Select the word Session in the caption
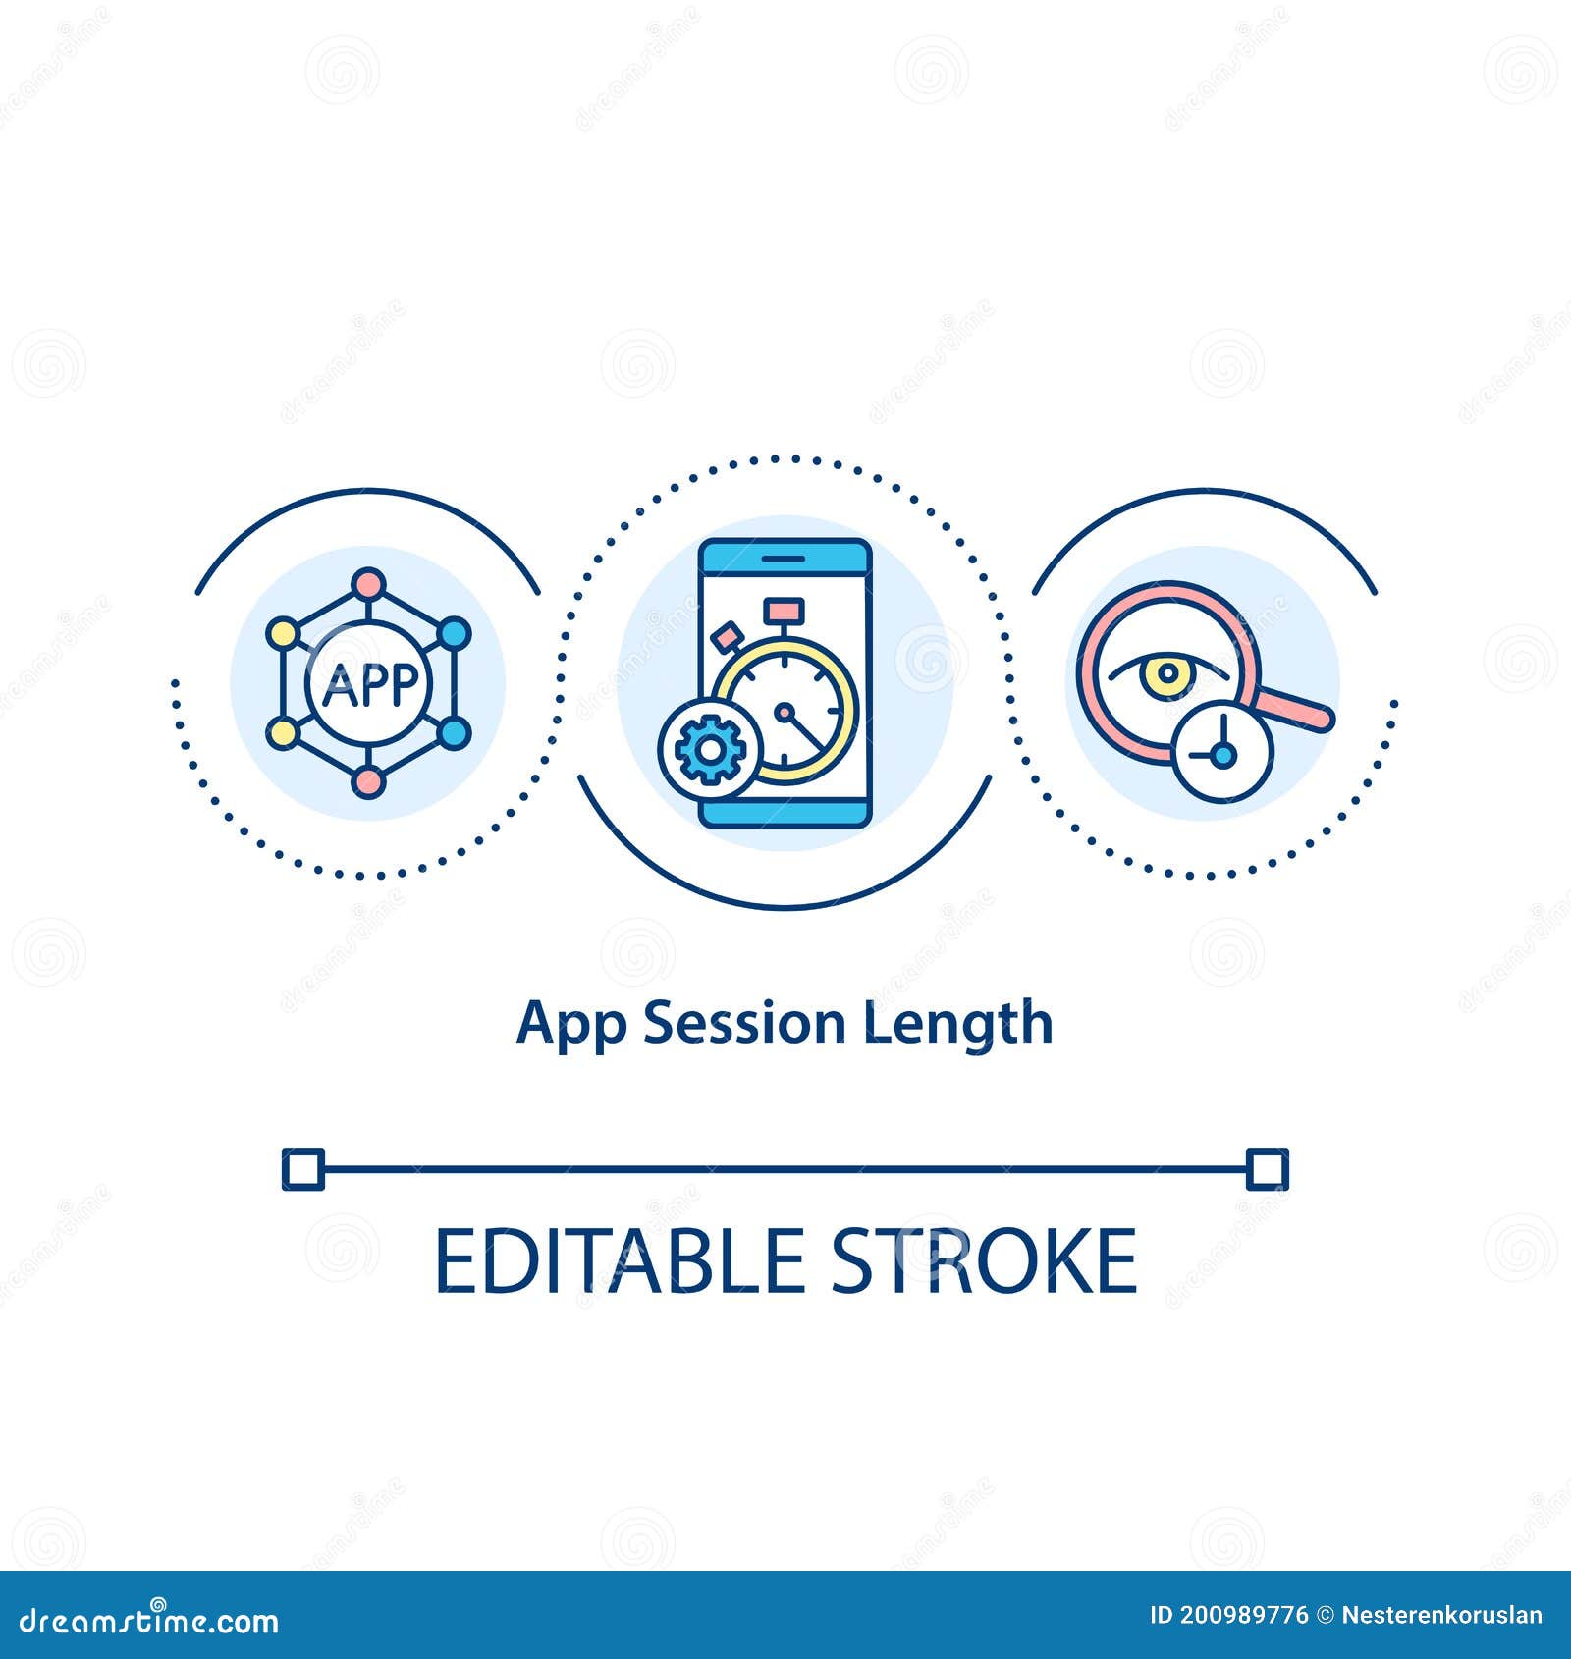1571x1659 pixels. tap(744, 1023)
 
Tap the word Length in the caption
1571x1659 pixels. tap(958, 1027)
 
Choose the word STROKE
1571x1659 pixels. tap(985, 1261)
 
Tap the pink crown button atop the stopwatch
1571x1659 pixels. tap(785, 611)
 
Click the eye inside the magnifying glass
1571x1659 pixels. tap(1167, 674)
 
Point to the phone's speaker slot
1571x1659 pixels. tap(785, 558)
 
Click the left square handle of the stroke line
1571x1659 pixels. tap(303, 1169)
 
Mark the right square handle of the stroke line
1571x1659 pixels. tap(1268, 1169)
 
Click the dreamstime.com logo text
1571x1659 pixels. tap(149, 1622)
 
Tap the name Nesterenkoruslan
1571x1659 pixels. tap(1441, 1616)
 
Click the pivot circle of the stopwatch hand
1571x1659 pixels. tap(785, 710)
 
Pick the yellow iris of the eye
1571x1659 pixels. tap(1167, 673)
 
